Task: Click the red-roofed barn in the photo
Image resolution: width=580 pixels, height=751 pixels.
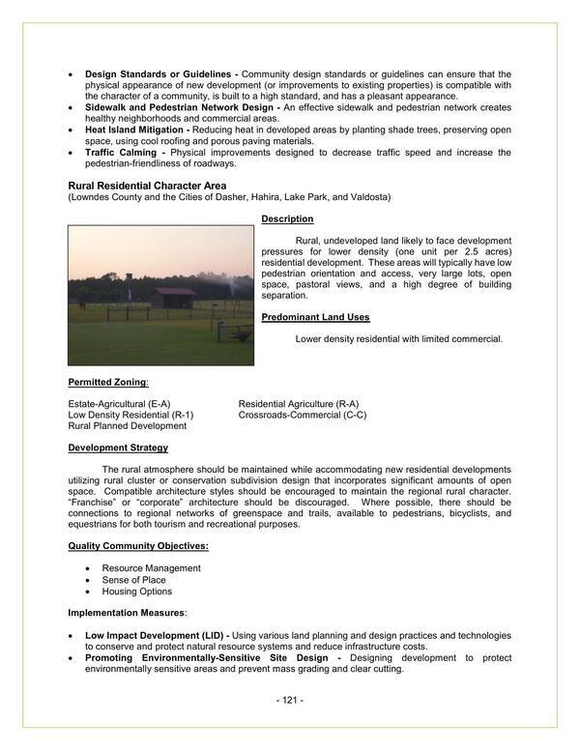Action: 174,297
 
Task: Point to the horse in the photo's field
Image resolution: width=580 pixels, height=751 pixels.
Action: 83,305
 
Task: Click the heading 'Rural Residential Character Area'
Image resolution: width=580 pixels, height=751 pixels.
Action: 147,185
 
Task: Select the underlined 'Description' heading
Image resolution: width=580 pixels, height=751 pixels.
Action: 287,219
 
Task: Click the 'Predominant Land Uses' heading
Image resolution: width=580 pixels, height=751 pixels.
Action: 314,317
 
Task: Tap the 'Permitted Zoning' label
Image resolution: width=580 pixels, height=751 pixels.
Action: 107,382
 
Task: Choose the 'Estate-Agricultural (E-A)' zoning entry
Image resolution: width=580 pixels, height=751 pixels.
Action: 119,403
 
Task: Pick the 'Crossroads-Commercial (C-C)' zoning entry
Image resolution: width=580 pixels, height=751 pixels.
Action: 303,415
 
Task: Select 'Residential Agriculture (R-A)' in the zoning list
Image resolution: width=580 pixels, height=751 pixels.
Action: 299,403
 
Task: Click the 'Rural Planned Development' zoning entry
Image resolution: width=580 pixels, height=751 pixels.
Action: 128,426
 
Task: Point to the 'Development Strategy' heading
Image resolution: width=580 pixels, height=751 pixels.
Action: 118,448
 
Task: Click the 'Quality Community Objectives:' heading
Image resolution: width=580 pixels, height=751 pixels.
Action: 138,546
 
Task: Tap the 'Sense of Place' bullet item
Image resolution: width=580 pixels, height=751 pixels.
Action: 135,580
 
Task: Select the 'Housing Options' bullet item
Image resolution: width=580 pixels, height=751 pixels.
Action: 136,592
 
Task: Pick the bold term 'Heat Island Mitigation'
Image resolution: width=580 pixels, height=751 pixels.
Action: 135,129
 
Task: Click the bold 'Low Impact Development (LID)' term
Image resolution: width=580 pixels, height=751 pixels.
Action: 154,635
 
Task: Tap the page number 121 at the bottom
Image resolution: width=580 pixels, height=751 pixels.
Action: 290,700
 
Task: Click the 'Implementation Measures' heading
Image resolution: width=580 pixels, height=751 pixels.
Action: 125,613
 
